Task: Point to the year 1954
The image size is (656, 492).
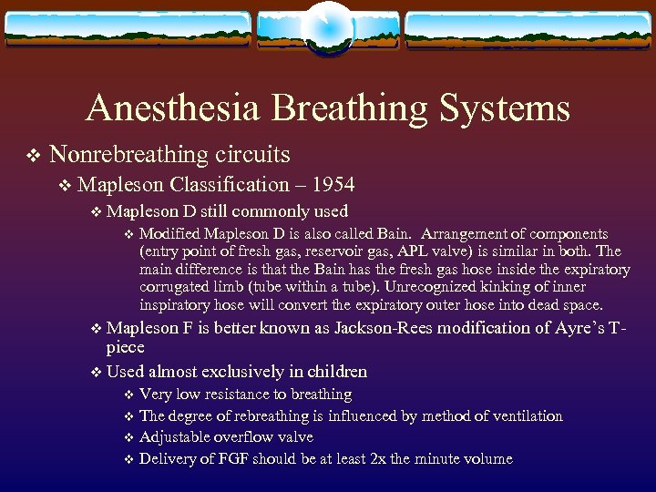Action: [333, 185]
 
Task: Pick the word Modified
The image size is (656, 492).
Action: [170, 234]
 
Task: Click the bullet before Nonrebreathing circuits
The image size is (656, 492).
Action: [33, 156]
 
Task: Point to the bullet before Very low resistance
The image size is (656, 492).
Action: [128, 395]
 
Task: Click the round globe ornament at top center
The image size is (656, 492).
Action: [328, 25]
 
